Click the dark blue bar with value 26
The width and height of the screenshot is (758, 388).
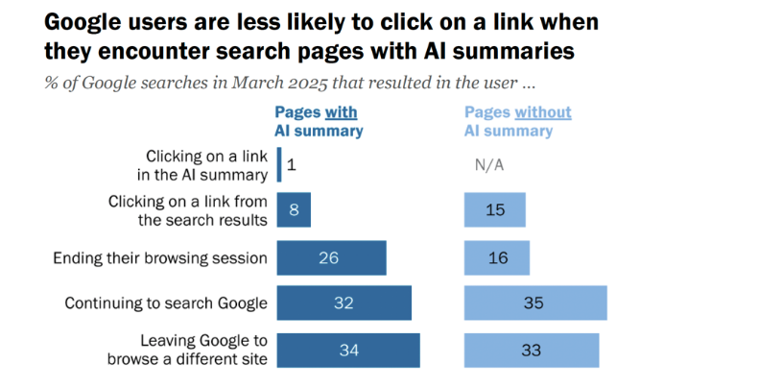point(331,257)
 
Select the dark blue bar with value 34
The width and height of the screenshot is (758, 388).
point(348,351)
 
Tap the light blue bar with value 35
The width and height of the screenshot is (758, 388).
point(535,303)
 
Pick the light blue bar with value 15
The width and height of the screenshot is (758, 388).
point(495,210)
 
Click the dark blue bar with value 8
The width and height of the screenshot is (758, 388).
point(294,210)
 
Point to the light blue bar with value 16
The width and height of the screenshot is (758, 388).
point(496,257)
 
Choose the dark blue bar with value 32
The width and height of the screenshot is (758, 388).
point(343,303)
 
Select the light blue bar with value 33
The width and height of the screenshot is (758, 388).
point(532,351)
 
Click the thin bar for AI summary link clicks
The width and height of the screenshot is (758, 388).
point(279,164)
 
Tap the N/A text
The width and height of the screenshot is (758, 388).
point(489,165)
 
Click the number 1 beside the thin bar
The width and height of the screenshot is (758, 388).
point(291,165)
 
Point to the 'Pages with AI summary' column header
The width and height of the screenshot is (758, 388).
point(319,122)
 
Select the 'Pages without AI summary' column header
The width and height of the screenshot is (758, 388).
point(517,122)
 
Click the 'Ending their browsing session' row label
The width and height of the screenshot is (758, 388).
point(158,257)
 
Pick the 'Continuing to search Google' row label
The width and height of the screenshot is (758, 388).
point(166,303)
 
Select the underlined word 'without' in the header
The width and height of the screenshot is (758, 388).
point(544,112)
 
